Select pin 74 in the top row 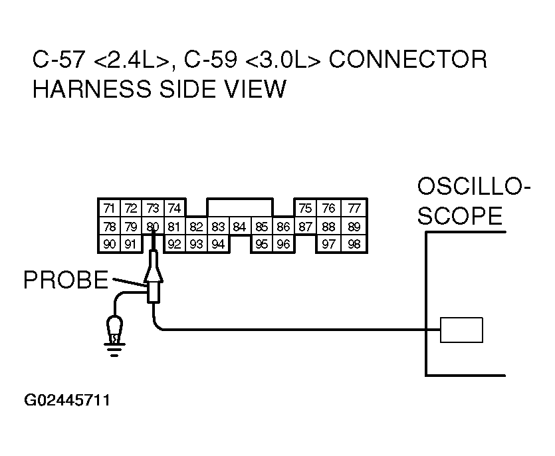(x=174, y=209)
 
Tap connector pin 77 (x=354, y=209)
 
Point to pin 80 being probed (x=153, y=227)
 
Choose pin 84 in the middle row (x=240, y=227)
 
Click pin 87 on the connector (x=305, y=227)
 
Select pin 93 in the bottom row (x=196, y=244)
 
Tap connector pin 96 (x=283, y=244)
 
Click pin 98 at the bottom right (x=354, y=244)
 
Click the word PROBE (x=65, y=281)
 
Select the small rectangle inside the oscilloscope (x=461, y=330)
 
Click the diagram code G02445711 (x=67, y=401)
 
